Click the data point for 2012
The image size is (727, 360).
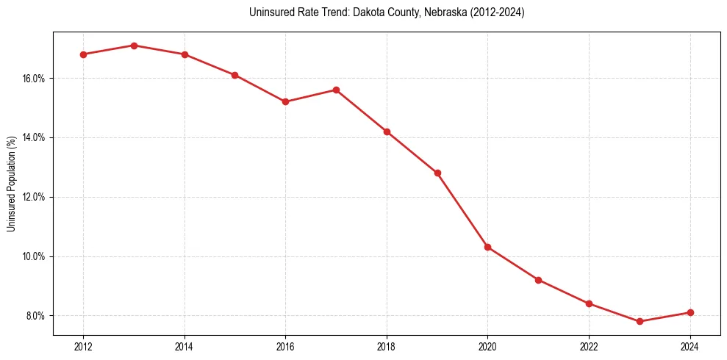point(83,54)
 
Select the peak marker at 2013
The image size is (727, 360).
point(134,46)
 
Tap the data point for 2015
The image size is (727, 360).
point(234,75)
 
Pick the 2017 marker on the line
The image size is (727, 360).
point(336,90)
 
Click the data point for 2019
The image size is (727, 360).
point(437,173)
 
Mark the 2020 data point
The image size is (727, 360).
point(487,247)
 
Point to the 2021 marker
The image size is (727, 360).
point(538,280)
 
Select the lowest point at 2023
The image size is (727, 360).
point(640,321)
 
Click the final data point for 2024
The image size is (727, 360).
point(690,312)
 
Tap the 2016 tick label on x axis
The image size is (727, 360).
point(285,347)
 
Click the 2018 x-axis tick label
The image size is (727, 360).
point(387,347)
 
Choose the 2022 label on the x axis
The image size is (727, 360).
point(589,347)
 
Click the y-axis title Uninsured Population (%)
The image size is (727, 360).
point(11,184)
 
